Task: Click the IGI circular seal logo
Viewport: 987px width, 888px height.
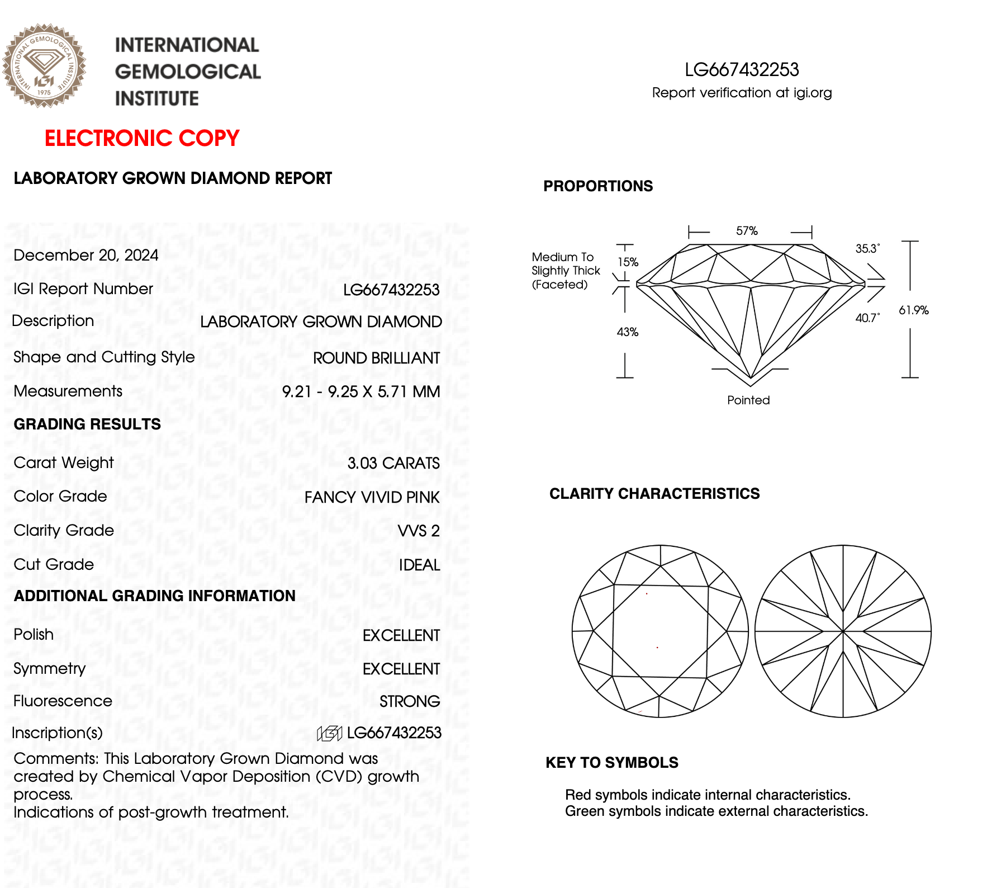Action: coord(44,65)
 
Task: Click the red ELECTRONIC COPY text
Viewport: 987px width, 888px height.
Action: coord(142,138)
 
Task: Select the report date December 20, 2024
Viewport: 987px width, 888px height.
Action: coord(86,256)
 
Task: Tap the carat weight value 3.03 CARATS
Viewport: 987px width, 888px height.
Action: coord(393,463)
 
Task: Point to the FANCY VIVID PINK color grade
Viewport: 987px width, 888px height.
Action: coord(372,497)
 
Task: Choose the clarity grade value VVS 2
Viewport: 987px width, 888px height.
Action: coord(419,531)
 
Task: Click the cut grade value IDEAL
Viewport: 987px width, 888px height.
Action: coord(419,565)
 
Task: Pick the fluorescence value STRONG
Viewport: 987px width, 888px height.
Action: coord(410,701)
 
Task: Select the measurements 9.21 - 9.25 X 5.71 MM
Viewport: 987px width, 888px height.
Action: coord(361,391)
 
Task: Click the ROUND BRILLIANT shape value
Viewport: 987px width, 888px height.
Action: coord(376,358)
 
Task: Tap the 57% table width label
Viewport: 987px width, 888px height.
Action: coord(747,231)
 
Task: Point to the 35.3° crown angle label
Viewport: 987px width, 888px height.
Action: coord(867,248)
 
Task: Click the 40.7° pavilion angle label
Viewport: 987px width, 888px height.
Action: coord(867,318)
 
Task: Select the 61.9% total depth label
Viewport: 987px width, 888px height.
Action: coord(913,310)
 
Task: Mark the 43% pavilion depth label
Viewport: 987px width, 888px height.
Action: coord(627,332)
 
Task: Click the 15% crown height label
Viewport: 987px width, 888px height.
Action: coord(628,262)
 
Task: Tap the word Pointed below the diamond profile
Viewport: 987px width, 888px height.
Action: coord(748,400)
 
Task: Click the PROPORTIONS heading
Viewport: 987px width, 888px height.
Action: coord(598,186)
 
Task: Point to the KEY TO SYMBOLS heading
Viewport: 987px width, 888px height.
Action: coord(612,763)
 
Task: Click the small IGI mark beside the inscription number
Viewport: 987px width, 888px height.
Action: coord(329,733)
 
